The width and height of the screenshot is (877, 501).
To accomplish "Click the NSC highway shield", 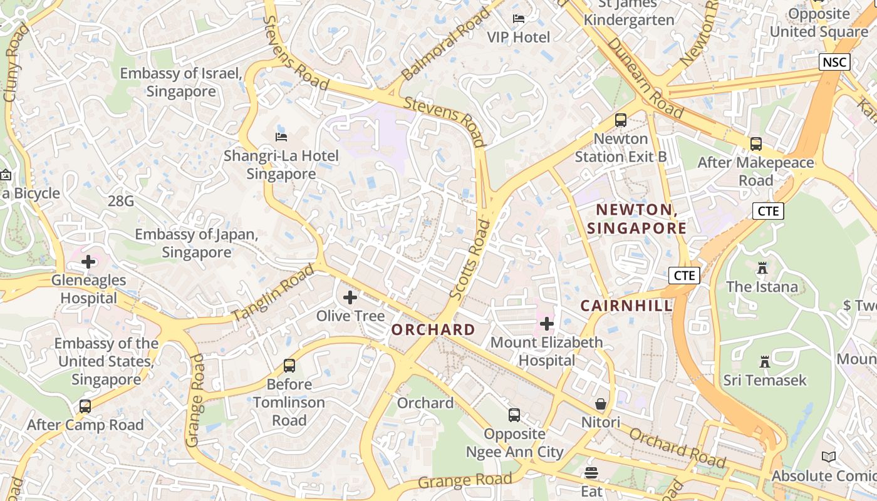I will (x=834, y=62).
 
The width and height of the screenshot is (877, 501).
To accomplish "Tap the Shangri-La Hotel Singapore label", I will (x=281, y=165).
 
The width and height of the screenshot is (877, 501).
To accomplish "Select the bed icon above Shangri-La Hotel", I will (x=281, y=137).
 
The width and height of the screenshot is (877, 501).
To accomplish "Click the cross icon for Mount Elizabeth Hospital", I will (x=547, y=324).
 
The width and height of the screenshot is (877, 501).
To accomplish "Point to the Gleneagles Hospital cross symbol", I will (x=88, y=261).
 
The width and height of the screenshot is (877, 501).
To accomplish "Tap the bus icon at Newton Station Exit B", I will (x=621, y=120).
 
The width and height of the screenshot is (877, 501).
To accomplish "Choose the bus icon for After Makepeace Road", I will (x=756, y=144).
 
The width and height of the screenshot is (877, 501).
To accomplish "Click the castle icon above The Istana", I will (x=762, y=268).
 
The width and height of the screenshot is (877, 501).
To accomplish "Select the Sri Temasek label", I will (x=765, y=380).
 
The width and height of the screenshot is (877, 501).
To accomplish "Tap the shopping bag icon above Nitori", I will (x=601, y=404).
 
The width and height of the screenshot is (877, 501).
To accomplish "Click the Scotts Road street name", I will (x=470, y=258).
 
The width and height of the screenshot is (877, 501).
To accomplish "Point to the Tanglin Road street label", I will (x=272, y=293).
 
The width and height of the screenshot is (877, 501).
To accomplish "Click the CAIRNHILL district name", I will (x=626, y=306).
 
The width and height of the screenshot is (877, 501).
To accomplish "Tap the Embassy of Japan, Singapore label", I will (x=197, y=244).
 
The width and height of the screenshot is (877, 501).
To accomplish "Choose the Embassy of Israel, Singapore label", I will (x=181, y=82).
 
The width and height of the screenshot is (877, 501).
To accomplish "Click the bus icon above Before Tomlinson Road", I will (x=289, y=365).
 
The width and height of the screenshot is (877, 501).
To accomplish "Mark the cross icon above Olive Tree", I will (x=350, y=297).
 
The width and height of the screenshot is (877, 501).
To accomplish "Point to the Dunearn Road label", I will (x=645, y=78).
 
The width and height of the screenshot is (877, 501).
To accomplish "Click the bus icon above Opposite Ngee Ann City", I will (x=514, y=415).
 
